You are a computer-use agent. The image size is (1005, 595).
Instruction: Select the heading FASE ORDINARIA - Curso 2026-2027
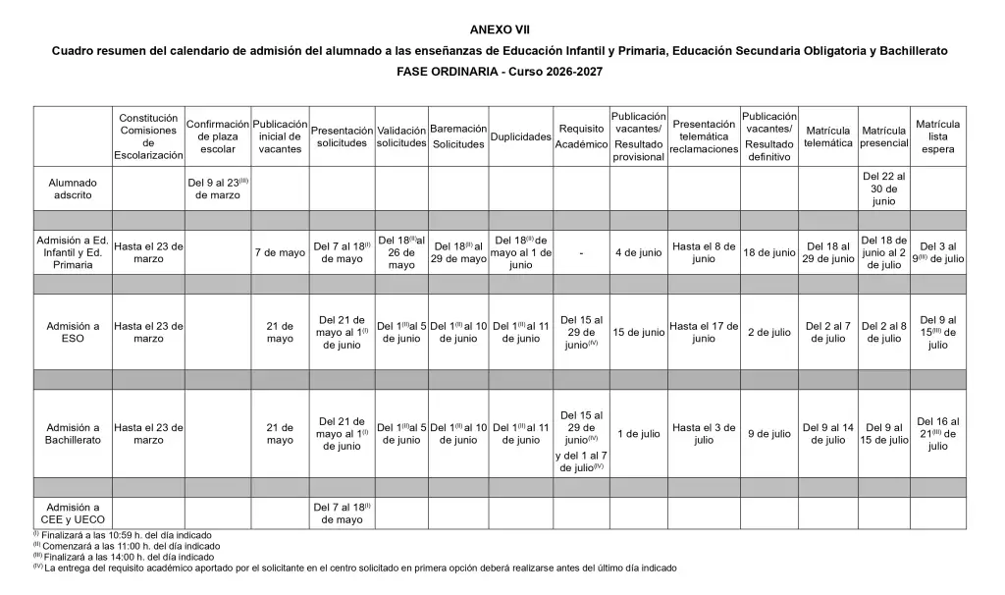coord(501,72)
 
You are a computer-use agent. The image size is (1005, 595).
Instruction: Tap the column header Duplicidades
coord(520,136)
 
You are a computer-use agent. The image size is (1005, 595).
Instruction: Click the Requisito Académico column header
coord(581,136)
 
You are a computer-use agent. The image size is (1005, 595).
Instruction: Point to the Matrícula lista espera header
coord(938,136)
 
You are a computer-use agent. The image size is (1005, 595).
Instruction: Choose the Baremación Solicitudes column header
coord(459,136)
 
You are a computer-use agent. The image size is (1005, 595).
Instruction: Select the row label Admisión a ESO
coord(74,332)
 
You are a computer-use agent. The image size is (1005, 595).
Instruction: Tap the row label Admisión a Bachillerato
coord(74,434)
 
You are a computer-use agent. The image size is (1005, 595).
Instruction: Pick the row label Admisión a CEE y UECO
coord(74,514)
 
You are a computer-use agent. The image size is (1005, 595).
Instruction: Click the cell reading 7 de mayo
coord(280,252)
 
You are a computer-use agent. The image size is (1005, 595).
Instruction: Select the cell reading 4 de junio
coord(638,252)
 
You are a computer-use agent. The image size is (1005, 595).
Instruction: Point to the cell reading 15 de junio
coord(638,332)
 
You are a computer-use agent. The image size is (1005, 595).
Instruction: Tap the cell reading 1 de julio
coord(638,434)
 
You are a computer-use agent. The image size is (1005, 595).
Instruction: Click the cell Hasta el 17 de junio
coord(704,332)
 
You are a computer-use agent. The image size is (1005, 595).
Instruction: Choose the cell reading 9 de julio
coord(768,434)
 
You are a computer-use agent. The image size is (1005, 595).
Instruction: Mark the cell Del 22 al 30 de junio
coord(883,188)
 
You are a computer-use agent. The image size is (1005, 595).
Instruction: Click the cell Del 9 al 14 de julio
coord(828,434)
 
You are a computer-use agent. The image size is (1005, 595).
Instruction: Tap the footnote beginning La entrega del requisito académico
coord(358,568)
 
